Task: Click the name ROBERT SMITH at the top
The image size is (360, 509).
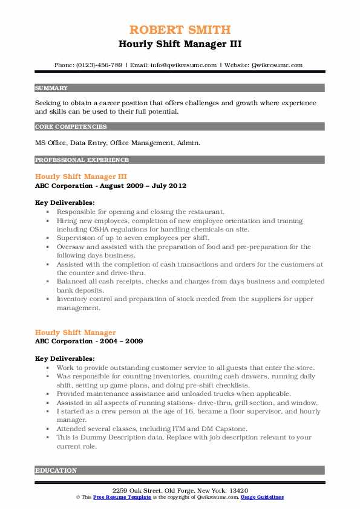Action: pos(180,30)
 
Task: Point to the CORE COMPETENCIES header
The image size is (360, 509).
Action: pos(71,127)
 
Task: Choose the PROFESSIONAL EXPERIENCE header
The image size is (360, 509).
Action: pos(82,160)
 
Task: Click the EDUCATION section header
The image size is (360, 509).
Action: pos(56,470)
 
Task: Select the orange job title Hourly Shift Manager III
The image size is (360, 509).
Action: pos(80,177)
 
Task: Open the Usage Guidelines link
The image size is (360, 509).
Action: pos(262,497)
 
